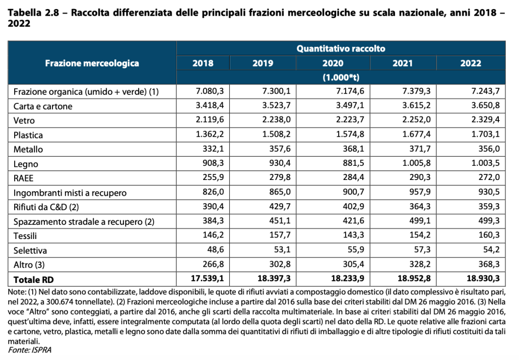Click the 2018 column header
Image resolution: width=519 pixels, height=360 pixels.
pyautogui.click(x=203, y=64)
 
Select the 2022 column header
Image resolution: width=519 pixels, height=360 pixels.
pyautogui.click(x=471, y=64)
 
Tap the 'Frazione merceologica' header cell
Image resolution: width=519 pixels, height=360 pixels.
pyautogui.click(x=92, y=64)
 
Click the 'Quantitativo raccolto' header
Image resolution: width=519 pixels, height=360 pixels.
pyautogui.click(x=341, y=49)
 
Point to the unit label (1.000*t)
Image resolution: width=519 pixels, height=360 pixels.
pyautogui.click(x=341, y=78)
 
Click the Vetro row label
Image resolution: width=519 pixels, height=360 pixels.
pyautogui.click(x=24, y=121)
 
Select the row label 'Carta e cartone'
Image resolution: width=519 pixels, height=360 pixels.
pyautogui.click(x=43, y=106)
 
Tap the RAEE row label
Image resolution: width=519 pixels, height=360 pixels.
pyautogui.click(x=24, y=178)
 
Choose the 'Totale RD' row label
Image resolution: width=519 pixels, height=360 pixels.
pyautogui.click(x=33, y=279)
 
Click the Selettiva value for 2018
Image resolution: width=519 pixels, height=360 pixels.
pyautogui.click(x=207, y=250)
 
